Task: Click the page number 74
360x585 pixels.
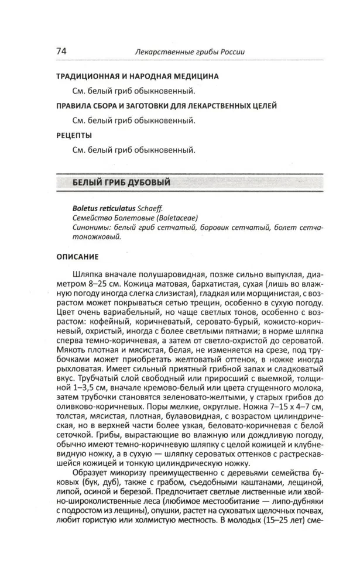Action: pos(61,51)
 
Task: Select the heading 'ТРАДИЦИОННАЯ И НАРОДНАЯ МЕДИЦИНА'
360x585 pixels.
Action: pos(137,77)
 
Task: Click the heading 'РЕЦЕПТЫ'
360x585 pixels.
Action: pos(74,135)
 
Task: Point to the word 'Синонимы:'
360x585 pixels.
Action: pos(94,228)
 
